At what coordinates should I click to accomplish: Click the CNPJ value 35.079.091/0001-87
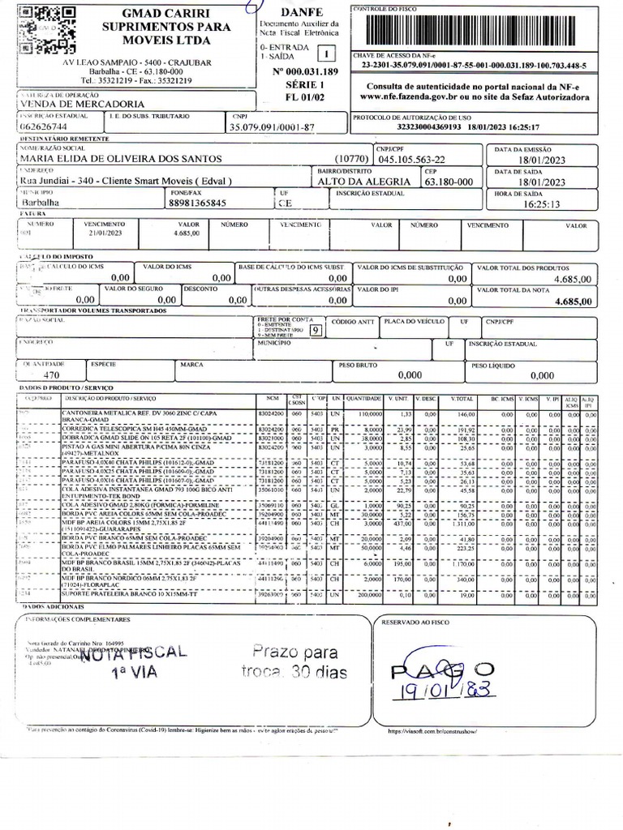coord(273,127)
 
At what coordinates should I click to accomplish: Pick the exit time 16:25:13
coord(543,204)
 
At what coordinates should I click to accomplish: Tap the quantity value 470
coord(51,375)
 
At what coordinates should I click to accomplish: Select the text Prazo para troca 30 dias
coord(293,662)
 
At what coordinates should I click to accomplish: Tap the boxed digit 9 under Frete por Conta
coord(314,329)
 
